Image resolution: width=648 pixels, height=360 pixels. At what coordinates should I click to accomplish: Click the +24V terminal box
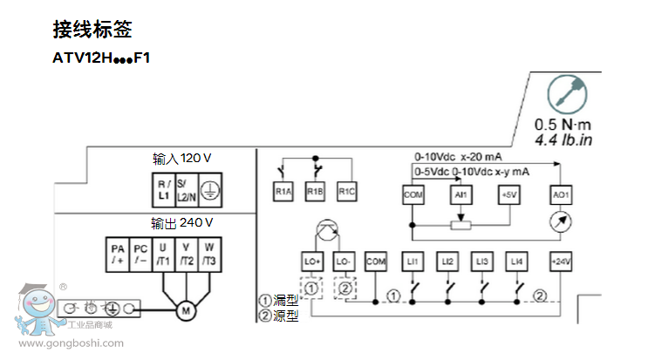point(560,261)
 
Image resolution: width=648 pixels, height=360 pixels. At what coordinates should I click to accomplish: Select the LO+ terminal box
point(312,261)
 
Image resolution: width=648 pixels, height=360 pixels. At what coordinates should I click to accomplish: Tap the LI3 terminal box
point(482,261)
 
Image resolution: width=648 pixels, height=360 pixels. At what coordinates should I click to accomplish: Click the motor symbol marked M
point(184,309)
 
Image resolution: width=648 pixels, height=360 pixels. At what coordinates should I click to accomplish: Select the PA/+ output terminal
point(119,255)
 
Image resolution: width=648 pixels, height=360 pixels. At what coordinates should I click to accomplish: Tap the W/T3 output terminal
point(209,255)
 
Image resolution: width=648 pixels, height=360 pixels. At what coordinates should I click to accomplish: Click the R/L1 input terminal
point(164,188)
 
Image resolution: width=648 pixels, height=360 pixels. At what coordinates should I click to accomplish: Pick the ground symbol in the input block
point(210,188)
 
